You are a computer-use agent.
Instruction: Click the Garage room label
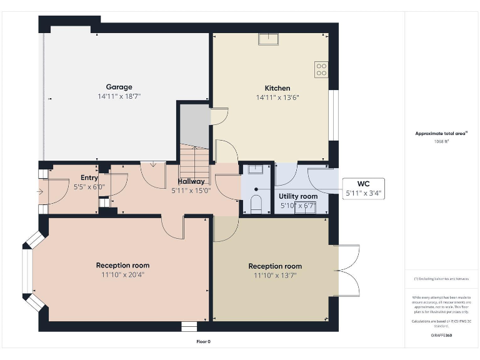(119, 87)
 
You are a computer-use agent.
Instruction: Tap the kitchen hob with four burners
(321, 69)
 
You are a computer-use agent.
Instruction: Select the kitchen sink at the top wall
(269, 39)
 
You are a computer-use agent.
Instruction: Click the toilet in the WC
(256, 204)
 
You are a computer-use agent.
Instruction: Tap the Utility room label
(298, 196)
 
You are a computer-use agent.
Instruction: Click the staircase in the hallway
(194, 164)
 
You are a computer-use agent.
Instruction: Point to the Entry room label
(89, 177)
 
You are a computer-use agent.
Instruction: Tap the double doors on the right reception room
(347, 271)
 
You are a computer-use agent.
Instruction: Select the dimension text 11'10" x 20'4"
(122, 274)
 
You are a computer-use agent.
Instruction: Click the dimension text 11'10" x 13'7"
(275, 275)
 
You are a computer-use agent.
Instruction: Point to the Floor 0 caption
(204, 341)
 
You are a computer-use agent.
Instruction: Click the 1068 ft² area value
(441, 141)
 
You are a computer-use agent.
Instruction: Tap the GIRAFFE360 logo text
(441, 336)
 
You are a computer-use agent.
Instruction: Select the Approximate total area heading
(441, 133)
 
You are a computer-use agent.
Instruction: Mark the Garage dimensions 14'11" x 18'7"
(119, 97)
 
